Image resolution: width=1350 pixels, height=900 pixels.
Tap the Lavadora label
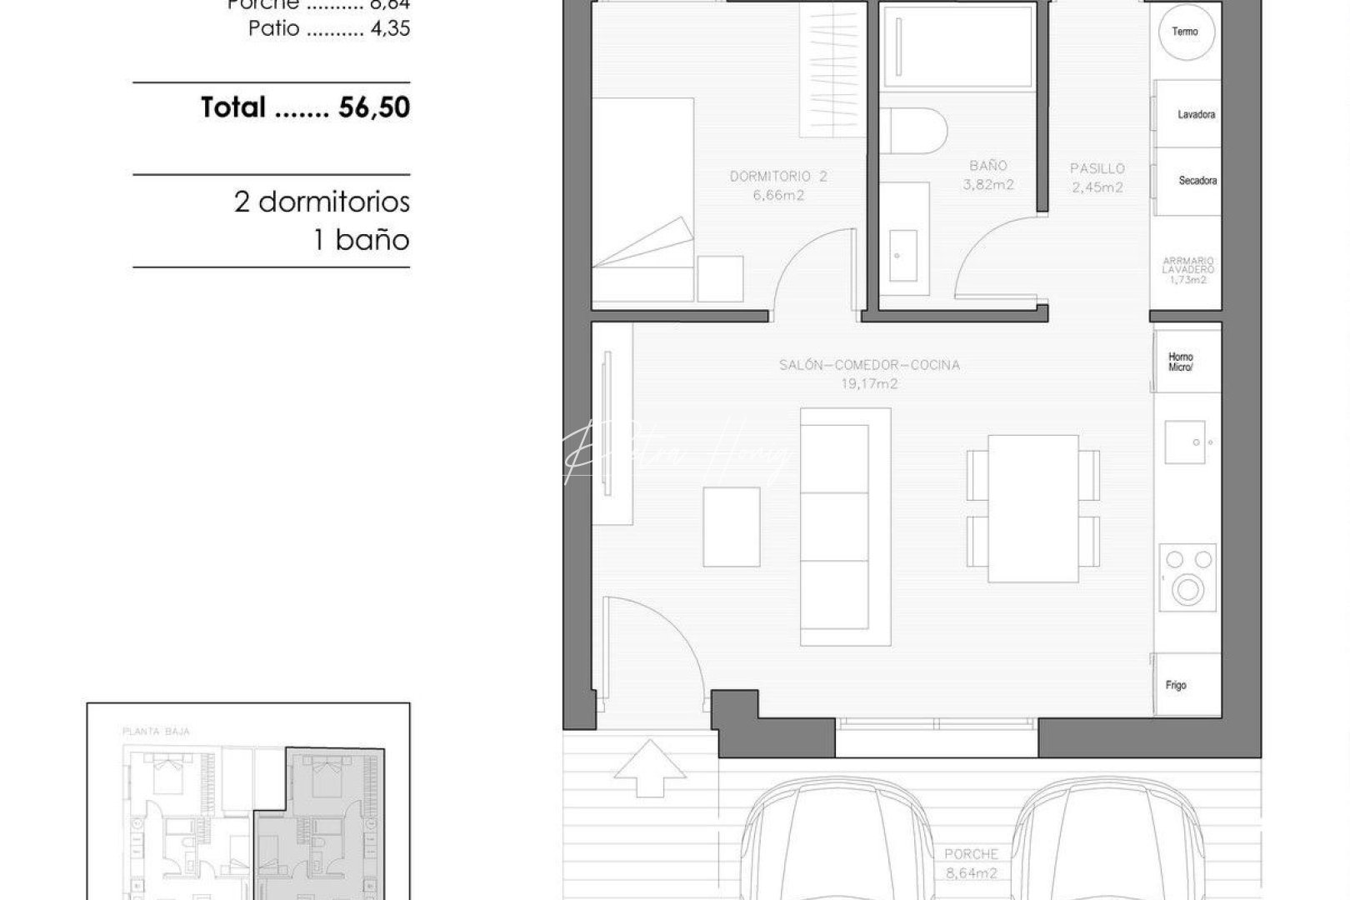tap(1196, 114)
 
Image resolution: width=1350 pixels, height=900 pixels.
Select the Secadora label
tap(1197, 180)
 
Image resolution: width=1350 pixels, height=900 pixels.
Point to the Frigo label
tap(1175, 685)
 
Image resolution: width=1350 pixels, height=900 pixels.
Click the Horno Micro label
tap(1180, 362)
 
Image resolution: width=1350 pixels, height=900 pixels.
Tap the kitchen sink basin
tap(1186, 442)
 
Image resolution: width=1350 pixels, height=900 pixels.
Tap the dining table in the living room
tap(1032, 508)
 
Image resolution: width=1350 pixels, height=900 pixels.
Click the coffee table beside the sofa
tap(731, 527)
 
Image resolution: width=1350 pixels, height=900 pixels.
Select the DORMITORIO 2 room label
tap(778, 177)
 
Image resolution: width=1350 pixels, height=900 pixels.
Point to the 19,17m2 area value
tap(868, 384)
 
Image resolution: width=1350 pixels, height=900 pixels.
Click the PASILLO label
tap(1097, 168)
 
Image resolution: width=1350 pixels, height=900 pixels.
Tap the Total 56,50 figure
tap(305, 107)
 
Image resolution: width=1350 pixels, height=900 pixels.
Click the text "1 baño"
tap(361, 241)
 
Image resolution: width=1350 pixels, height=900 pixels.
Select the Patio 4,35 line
tap(329, 28)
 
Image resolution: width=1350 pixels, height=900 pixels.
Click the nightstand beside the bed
tap(720, 278)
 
